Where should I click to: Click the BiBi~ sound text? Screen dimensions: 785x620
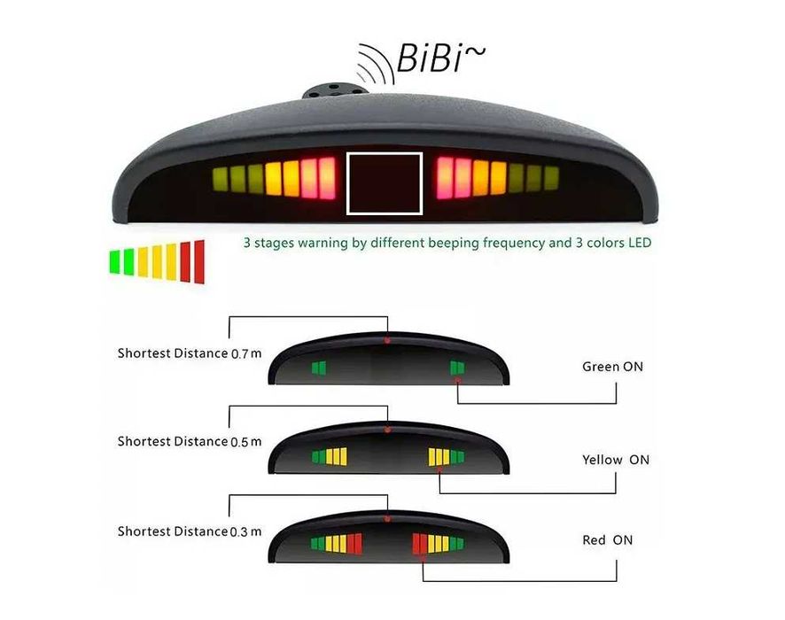coord(440,58)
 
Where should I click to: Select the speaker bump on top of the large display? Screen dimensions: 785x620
coord(335,91)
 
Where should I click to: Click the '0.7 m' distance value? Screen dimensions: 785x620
coord(246,353)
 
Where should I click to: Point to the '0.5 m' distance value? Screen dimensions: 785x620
coord(245,442)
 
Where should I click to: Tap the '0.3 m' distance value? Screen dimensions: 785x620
coord(245,532)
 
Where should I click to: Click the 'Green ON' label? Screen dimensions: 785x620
coord(612,367)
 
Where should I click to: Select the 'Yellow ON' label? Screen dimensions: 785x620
coord(615,460)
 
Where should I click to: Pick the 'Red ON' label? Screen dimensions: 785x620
coord(607,540)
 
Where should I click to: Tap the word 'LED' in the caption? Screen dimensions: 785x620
coord(640,243)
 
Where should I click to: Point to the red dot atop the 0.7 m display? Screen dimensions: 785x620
coord(387,340)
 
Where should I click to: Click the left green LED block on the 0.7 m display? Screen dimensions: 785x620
coord(319,368)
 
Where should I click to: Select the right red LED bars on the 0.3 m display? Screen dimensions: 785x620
coord(420,544)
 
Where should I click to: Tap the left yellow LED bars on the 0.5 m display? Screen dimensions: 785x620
coord(337,456)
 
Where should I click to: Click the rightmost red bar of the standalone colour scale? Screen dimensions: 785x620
coord(199,261)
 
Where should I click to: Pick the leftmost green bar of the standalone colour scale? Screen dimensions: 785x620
coord(114,261)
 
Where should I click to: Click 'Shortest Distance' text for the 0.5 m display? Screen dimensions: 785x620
coord(173,441)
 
